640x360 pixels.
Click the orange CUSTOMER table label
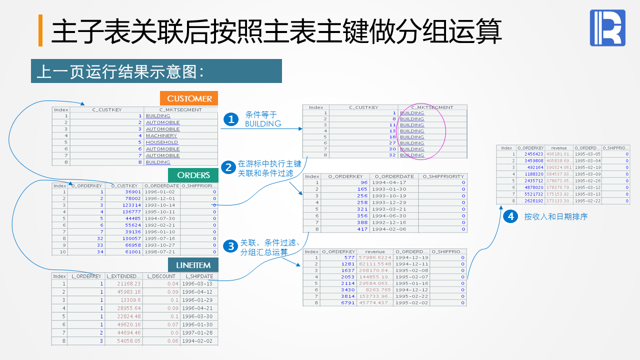coord(189,98)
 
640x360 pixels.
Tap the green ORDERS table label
coord(193,175)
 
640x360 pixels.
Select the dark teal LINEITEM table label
coord(193,265)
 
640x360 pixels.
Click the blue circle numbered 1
coord(230,119)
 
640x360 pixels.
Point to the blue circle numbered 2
coord(228,167)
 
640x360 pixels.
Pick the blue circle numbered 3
coord(230,246)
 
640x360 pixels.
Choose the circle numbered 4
coord(510,216)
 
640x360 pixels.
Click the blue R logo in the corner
coord(607,28)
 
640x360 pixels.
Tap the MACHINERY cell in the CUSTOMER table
coord(161,135)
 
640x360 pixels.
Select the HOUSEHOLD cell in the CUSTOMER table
coord(162,142)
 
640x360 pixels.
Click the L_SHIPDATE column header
coord(199,276)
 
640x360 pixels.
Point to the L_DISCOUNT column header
coord(161,276)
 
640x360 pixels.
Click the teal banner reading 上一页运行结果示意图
coord(156,71)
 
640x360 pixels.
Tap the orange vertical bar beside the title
coord(40,30)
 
